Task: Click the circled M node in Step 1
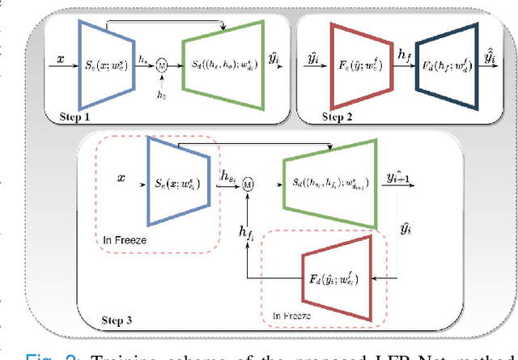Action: [x=162, y=63]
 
